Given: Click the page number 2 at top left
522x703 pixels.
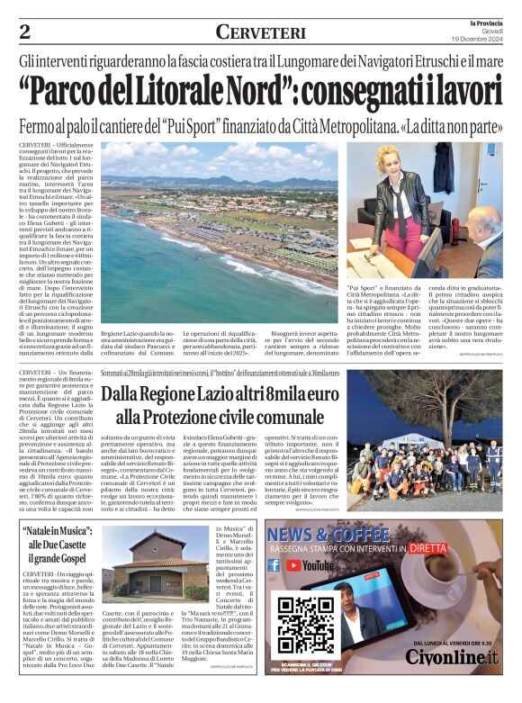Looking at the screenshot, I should (x=25, y=32).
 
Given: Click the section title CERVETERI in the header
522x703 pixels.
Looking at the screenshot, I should (x=261, y=32).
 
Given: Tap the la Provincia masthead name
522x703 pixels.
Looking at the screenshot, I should (x=483, y=22).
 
